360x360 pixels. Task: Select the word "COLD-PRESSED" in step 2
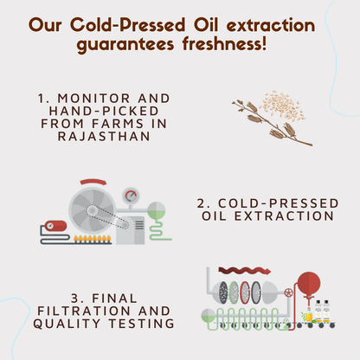click(267, 203)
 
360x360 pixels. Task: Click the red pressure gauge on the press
click(129, 195)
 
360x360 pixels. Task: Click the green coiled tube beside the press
click(157, 223)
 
